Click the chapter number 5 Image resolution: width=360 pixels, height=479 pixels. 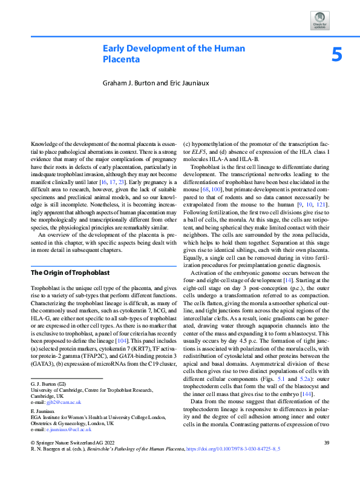337,56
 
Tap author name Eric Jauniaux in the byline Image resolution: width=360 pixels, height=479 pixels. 183,82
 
